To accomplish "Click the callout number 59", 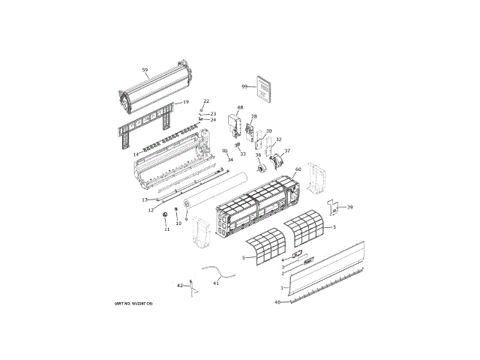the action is [x=145, y=70].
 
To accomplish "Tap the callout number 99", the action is [x=244, y=86].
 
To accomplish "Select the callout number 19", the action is [x=185, y=102].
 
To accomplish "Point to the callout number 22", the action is [x=206, y=100].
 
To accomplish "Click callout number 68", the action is [x=240, y=108].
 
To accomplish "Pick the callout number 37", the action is [x=286, y=151].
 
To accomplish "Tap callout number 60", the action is [x=298, y=169].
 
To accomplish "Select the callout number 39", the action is [x=349, y=207].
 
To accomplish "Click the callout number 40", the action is [x=277, y=302].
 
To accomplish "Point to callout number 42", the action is [x=180, y=286].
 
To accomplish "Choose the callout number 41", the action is [x=216, y=283].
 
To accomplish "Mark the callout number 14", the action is [x=136, y=154].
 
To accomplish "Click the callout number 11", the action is [x=167, y=229].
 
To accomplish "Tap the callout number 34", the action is [x=230, y=160].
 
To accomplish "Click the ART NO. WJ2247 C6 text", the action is [x=133, y=303].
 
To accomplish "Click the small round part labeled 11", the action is [x=166, y=217].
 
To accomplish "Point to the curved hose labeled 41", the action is [x=217, y=271].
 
